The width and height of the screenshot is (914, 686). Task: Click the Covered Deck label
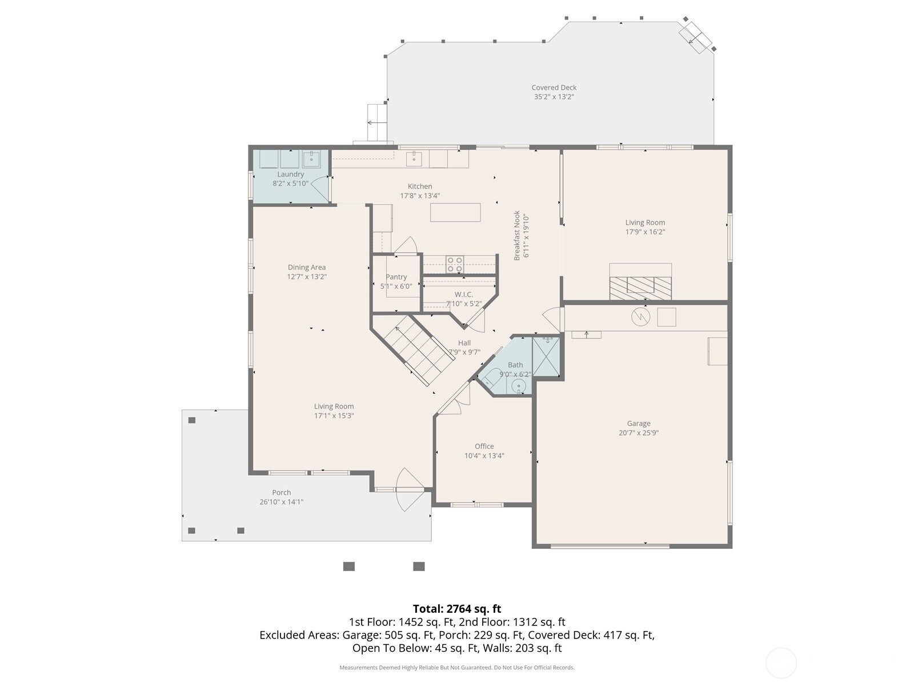(x=554, y=87)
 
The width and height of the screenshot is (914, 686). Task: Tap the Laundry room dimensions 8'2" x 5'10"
(x=290, y=184)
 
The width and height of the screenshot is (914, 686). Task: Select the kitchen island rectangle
(x=455, y=213)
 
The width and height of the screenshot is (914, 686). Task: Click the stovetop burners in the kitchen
(x=455, y=265)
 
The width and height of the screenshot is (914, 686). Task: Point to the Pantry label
(x=396, y=277)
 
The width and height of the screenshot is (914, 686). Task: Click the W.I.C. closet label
(x=463, y=294)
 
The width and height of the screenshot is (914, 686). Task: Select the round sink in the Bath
(x=519, y=386)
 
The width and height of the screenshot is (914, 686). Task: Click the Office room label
(x=484, y=446)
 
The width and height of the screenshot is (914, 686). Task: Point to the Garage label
(x=638, y=423)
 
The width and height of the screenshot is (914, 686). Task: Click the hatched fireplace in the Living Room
(x=640, y=288)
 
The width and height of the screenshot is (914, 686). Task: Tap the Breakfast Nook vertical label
(x=517, y=236)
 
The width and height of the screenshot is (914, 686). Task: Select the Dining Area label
(x=306, y=267)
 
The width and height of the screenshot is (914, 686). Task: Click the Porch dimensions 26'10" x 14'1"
(x=281, y=502)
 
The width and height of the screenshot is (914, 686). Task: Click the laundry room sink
(x=311, y=159)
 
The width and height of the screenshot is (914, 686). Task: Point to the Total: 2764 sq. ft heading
(x=457, y=608)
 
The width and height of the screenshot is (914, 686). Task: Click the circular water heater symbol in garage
(x=640, y=317)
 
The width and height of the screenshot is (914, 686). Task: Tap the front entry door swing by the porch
(x=410, y=489)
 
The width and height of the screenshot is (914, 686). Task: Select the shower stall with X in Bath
(x=546, y=357)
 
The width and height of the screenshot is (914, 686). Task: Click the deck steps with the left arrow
(x=377, y=122)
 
